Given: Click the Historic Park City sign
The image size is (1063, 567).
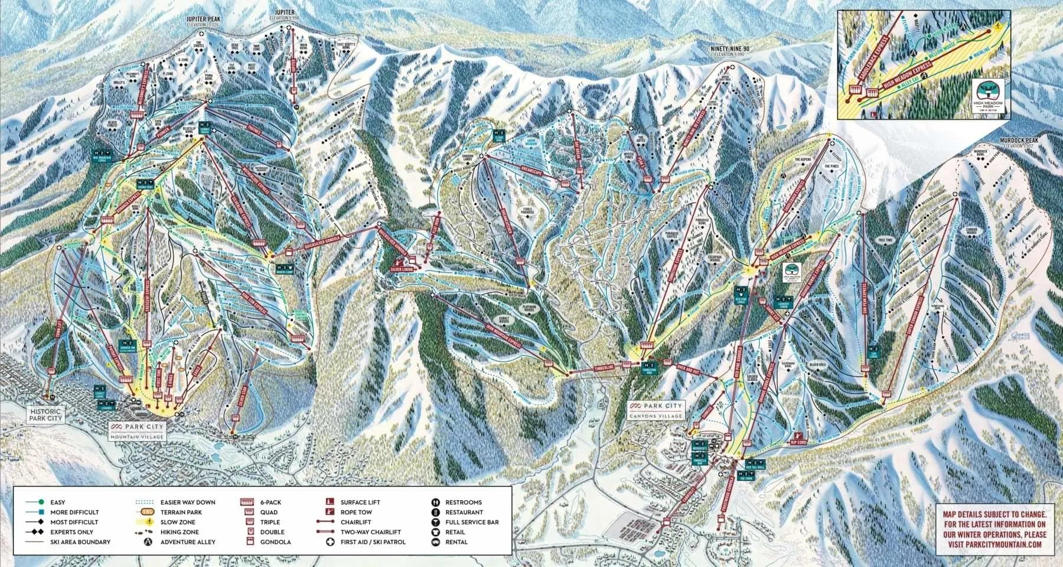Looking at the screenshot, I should click(45, 414).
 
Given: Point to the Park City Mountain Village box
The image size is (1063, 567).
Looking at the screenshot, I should click(137, 431).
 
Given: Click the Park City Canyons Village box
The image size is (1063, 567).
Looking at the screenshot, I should click(656, 410).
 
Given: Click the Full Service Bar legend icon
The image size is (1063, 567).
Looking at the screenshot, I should click(435, 522).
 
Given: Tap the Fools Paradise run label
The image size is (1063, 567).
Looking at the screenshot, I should click(529, 212).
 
